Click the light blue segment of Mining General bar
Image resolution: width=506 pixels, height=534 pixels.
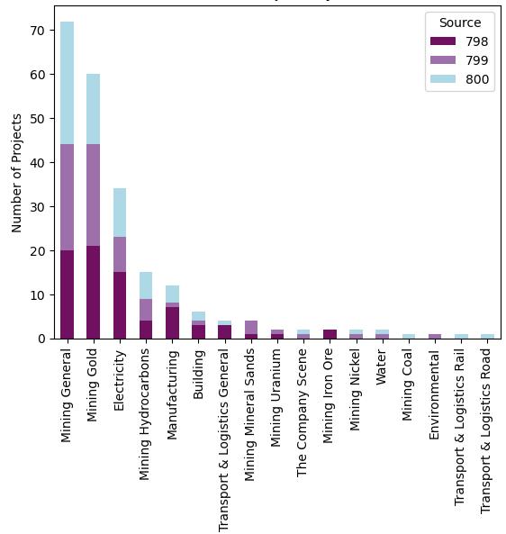pos(68,83)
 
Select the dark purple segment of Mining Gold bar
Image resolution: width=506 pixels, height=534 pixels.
pos(94,292)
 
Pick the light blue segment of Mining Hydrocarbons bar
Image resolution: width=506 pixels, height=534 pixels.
pos(146,285)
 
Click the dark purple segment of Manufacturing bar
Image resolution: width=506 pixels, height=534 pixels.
pos(172,322)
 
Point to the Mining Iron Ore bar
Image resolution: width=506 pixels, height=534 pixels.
pos(330,334)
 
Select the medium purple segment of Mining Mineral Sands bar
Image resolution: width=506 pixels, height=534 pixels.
pos(251,327)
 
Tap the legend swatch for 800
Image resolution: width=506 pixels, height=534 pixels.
pos(444,78)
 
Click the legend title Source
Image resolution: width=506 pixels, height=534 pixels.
pos(459,23)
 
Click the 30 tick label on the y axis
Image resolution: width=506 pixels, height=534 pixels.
pos(38,206)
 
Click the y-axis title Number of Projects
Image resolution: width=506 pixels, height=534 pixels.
pos(16,172)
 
